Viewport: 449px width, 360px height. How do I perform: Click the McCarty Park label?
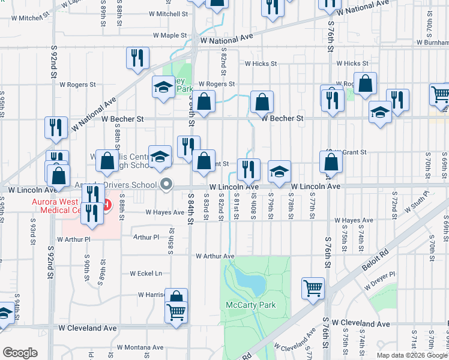251,305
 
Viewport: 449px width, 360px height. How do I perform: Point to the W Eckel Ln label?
142,274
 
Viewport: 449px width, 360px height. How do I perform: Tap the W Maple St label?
170,35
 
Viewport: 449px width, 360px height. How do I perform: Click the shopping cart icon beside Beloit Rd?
313,289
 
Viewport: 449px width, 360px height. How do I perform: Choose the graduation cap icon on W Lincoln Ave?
279,172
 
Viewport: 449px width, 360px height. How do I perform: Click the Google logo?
20,353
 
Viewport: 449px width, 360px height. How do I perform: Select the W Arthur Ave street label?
214,256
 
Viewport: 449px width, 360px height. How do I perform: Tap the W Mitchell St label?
168,13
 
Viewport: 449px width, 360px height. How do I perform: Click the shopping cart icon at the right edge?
440,94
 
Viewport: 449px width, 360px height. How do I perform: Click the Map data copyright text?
412,355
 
